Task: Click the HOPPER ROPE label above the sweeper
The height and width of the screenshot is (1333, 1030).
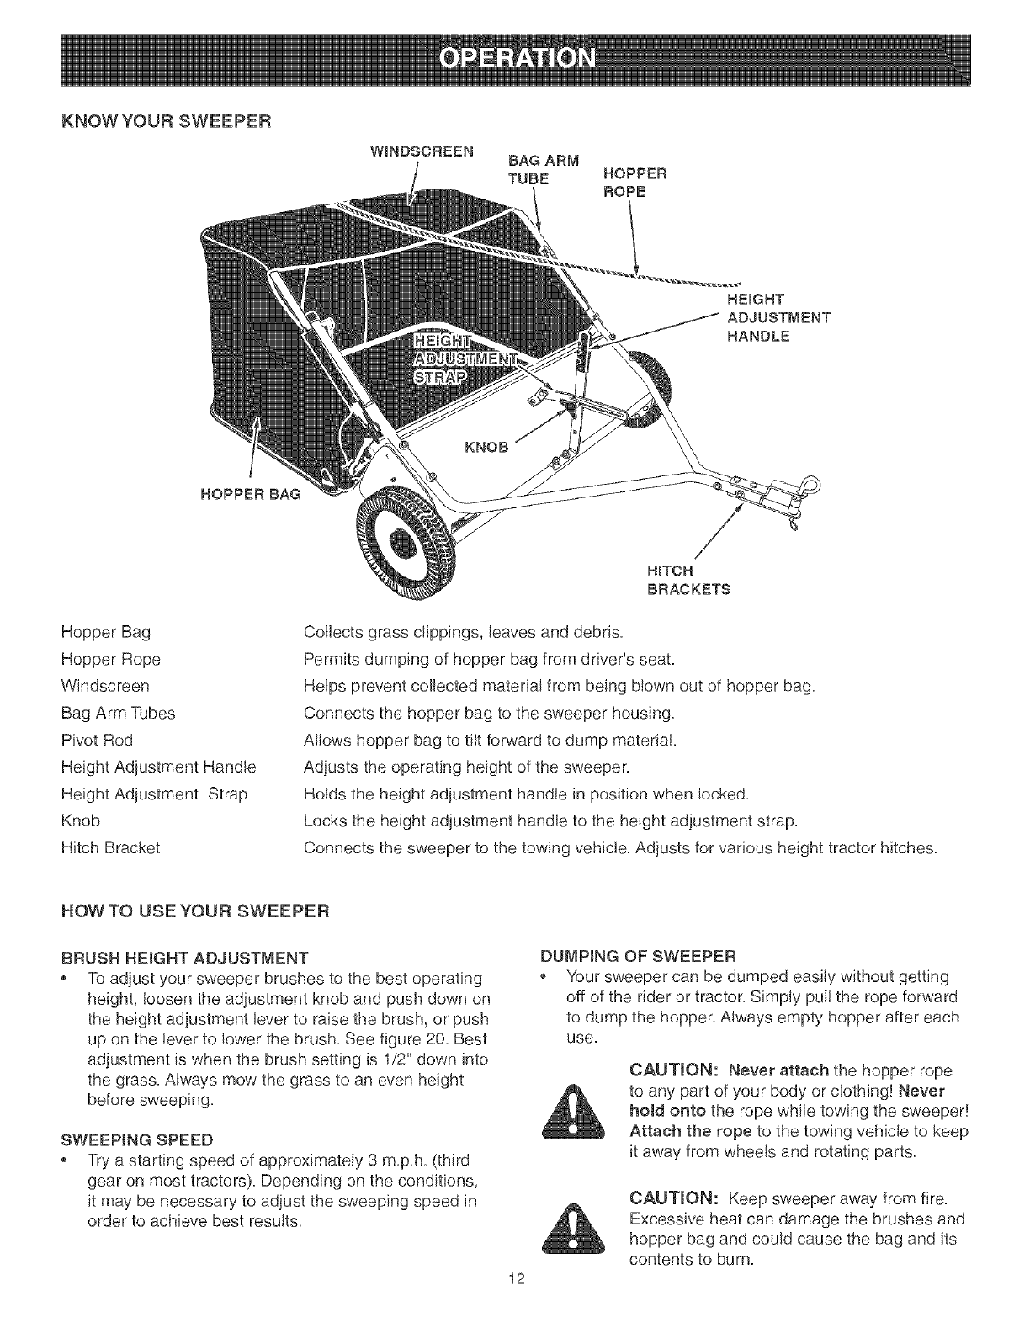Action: coord(635,183)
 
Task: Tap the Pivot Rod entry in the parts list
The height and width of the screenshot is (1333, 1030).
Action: coord(98,740)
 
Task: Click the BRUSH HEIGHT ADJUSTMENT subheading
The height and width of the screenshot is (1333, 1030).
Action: coord(185,958)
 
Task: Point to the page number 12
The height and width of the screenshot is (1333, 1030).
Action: coord(516,1304)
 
